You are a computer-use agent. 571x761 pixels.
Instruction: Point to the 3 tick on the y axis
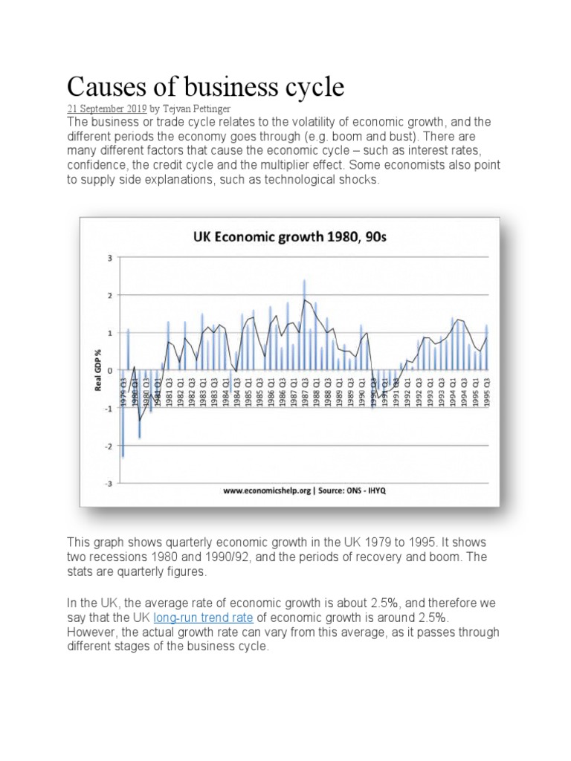pyautogui.click(x=110, y=258)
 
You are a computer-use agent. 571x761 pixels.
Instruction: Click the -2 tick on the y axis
pyautogui.click(x=109, y=446)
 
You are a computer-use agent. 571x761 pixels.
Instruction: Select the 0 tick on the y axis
pyautogui.click(x=110, y=371)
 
